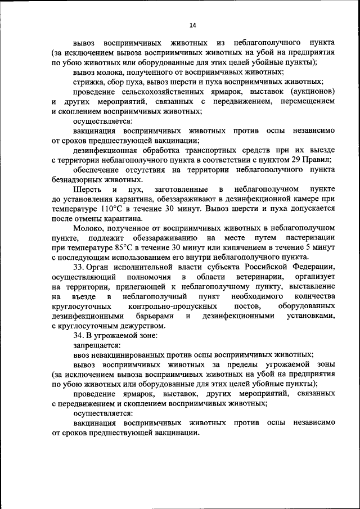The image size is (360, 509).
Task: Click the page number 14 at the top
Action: coord(192,25)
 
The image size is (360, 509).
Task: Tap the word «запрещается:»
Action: coord(96,345)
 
